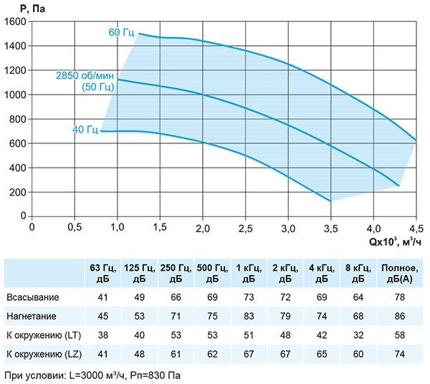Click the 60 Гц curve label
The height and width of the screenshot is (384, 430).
pyautogui.click(x=121, y=32)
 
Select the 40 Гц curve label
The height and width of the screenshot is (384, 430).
pyautogui.click(x=85, y=130)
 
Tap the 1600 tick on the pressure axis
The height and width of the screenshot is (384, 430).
pyautogui.click(x=15, y=21)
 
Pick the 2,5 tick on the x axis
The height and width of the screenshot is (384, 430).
pyautogui.click(x=245, y=228)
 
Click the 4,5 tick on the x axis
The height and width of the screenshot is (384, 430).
pyautogui.click(x=416, y=228)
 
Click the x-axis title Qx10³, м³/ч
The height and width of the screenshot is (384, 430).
pyautogui.click(x=396, y=241)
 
